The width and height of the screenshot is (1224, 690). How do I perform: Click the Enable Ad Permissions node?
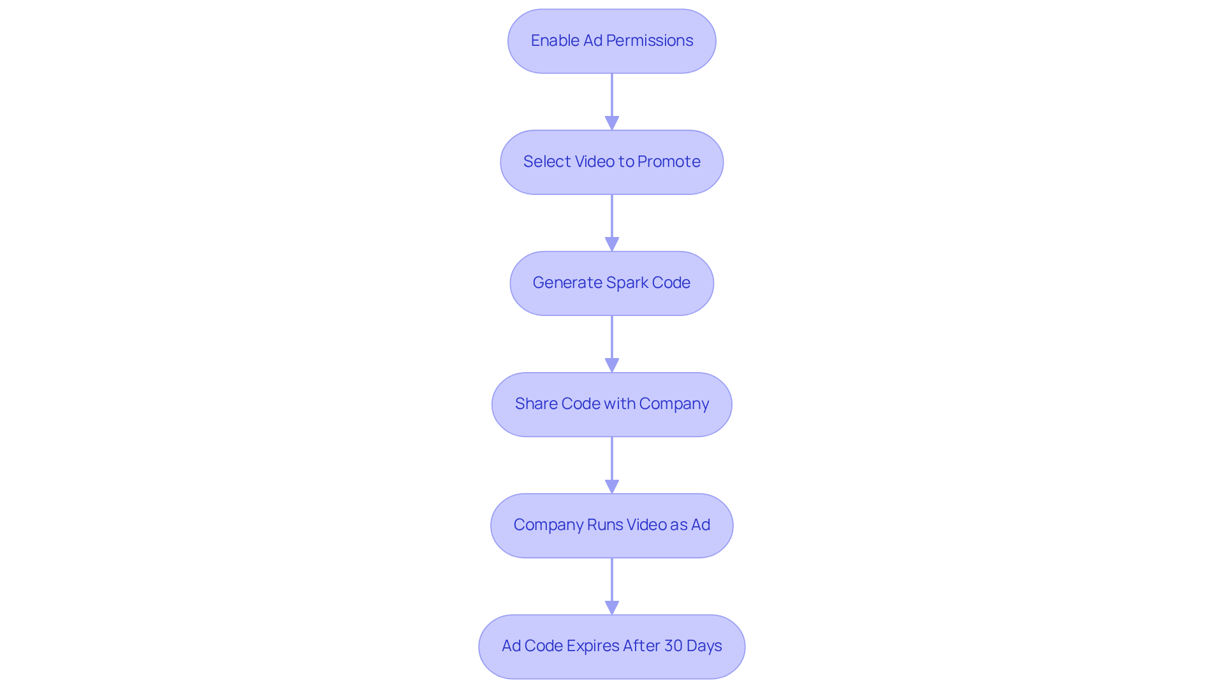(x=611, y=41)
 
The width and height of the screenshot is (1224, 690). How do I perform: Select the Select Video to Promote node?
(x=611, y=162)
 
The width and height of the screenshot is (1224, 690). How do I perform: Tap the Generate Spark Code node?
(x=611, y=283)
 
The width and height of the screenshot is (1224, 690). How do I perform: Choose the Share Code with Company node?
(x=611, y=404)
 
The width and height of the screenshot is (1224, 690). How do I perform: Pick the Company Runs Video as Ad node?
(x=611, y=525)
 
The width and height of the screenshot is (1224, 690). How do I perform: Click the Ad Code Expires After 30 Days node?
(x=611, y=646)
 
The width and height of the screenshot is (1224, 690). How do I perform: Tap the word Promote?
(x=669, y=162)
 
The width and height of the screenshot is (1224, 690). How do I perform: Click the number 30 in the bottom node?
(x=673, y=646)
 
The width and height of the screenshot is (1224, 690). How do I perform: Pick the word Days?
(x=704, y=646)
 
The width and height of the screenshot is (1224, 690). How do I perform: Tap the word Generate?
(x=567, y=283)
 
